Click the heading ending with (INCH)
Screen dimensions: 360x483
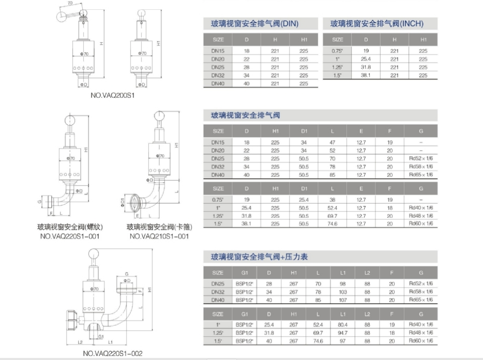(x=376, y=23)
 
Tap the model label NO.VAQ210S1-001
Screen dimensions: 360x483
(x=159, y=236)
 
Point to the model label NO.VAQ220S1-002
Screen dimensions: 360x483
(x=112, y=354)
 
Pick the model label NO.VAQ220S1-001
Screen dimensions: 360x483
(x=69, y=236)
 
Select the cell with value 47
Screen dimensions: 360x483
(x=333, y=142)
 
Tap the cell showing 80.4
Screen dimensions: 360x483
(x=342, y=324)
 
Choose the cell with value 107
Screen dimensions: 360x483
(x=342, y=300)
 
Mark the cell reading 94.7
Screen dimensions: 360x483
(x=342, y=333)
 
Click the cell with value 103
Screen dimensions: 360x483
(x=342, y=292)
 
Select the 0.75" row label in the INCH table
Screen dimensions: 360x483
(x=337, y=51)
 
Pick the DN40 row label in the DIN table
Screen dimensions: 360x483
(x=218, y=83)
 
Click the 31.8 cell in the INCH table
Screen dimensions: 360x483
(x=366, y=67)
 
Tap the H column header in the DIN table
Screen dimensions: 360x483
(x=275, y=39)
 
